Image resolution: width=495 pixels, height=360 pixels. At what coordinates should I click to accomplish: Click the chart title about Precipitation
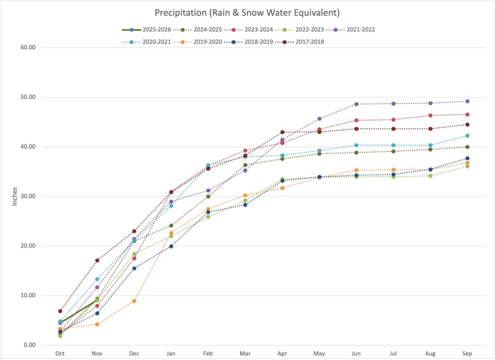coord(247,12)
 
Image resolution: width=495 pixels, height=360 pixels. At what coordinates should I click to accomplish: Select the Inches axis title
coord(15,196)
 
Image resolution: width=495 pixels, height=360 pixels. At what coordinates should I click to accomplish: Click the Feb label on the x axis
coord(208,353)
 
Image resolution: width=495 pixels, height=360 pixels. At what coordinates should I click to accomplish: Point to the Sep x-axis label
coord(467,353)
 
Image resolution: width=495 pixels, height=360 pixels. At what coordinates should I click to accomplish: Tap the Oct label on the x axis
coord(60,353)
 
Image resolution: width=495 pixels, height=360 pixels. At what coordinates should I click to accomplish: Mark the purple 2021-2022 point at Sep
coord(467,101)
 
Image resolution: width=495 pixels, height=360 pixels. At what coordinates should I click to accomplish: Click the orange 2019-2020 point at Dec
coord(134,301)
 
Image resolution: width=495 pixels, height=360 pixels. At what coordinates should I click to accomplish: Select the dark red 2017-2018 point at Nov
coord(97,260)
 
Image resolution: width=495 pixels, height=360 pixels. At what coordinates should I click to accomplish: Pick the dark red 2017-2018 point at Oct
coord(60,311)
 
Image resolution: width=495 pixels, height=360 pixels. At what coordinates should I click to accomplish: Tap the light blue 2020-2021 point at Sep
coord(467,136)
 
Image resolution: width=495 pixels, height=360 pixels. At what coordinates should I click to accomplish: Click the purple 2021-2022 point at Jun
coord(356,104)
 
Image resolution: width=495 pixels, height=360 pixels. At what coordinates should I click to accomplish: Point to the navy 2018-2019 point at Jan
coord(171,246)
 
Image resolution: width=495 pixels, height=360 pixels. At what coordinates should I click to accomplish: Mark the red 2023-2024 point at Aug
coord(430,115)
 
